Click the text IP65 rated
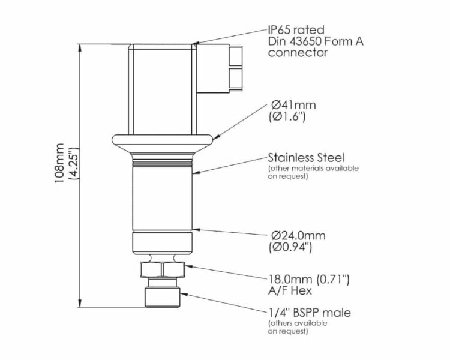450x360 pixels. [x=296, y=30]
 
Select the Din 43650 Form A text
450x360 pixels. [x=316, y=41]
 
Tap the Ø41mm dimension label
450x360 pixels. [x=293, y=105]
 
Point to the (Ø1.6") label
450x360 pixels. [x=287, y=117]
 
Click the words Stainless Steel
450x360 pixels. [x=306, y=158]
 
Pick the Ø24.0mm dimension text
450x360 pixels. [x=298, y=236]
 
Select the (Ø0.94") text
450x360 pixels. [x=290, y=247]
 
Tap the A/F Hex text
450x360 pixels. [x=290, y=291]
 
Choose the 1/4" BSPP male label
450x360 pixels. [x=310, y=313]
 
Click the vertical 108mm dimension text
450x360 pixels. [x=59, y=163]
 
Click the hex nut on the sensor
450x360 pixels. [x=162, y=269]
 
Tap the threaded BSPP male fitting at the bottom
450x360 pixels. [x=163, y=297]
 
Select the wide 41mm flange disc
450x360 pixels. [x=163, y=140]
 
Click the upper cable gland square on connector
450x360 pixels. [x=236, y=55]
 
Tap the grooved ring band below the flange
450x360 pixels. [x=163, y=164]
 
